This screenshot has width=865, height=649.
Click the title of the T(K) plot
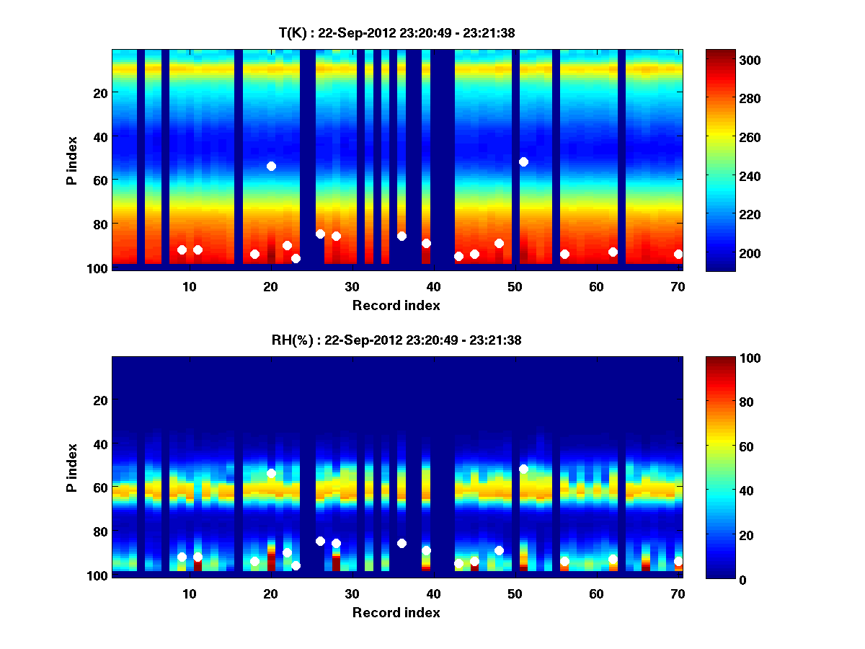[x=396, y=32]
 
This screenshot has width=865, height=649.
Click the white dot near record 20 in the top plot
[x=271, y=166]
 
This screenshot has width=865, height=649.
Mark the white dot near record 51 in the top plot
[x=523, y=162]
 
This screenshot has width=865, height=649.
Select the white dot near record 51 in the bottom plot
[x=523, y=469]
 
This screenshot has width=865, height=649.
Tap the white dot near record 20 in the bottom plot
[x=271, y=473]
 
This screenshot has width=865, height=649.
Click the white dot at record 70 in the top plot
[x=678, y=254]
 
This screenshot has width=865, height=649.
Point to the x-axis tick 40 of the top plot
[x=433, y=286]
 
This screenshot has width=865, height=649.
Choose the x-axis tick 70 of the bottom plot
[x=678, y=593]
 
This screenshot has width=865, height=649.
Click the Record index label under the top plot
[x=396, y=305]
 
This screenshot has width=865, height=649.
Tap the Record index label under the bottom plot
[x=396, y=612]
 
